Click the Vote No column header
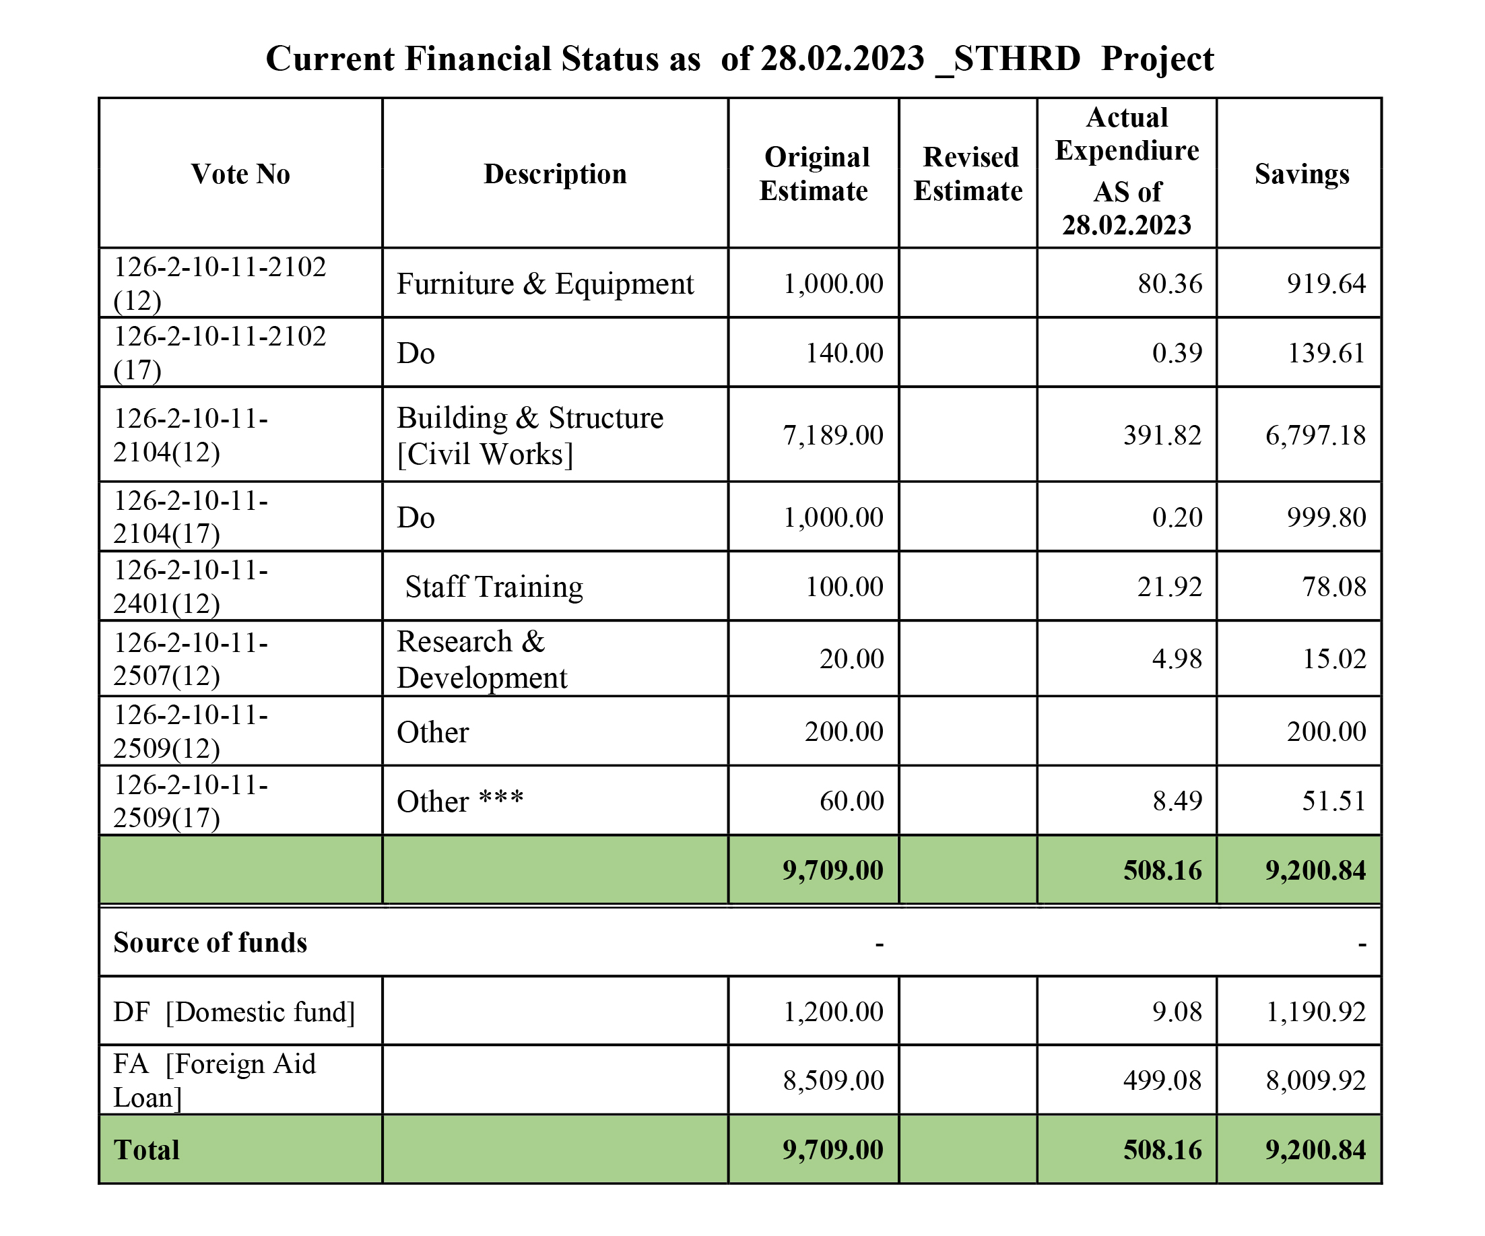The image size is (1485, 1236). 240,174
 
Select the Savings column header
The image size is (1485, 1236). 1302,174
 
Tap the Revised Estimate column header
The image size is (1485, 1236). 968,174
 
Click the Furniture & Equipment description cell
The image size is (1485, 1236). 546,284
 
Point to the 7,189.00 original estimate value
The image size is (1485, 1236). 833,435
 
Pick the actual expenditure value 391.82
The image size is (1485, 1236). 1162,435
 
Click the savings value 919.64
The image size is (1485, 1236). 1327,284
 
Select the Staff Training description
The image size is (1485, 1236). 494,587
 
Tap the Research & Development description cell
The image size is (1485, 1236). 482,659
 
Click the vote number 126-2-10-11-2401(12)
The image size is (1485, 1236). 191,586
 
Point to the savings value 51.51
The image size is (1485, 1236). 1334,800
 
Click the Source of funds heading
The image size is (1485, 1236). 210,942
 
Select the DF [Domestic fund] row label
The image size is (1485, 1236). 234,1012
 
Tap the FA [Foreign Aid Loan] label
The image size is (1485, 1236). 214,1080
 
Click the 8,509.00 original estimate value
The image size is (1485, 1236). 834,1080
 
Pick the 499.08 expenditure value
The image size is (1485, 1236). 1162,1080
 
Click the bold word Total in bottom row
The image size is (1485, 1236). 146,1150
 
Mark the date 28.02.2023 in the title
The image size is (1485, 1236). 843,59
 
